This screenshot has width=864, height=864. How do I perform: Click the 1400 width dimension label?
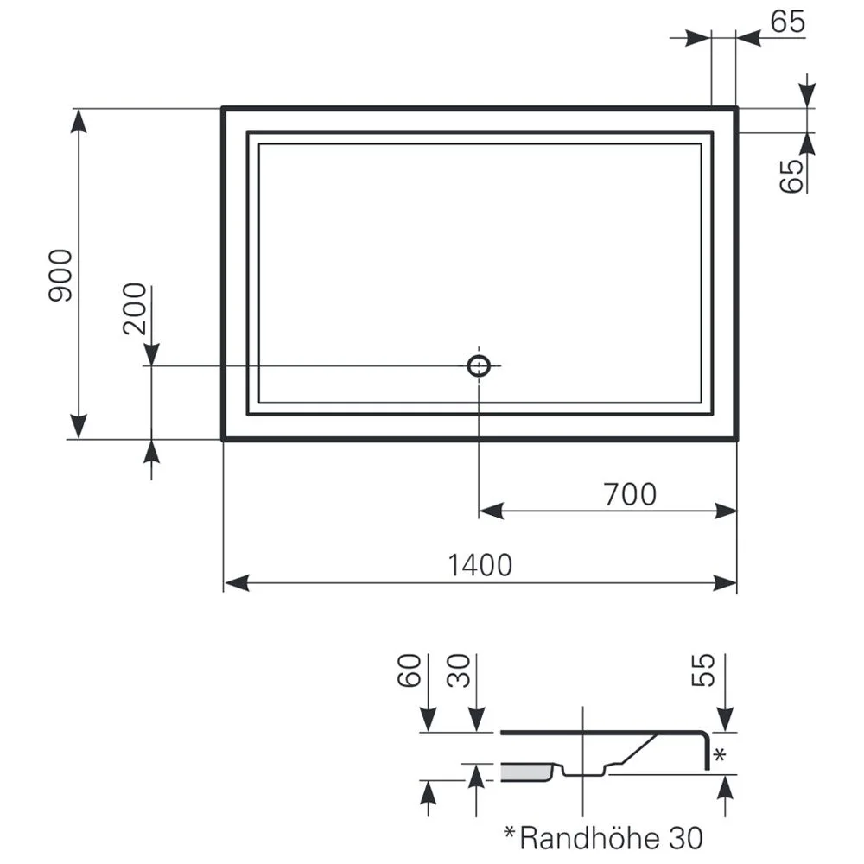pyautogui.click(x=480, y=565)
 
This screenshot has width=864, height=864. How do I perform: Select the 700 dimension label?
pyautogui.click(x=630, y=494)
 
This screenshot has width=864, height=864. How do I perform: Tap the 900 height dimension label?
pyautogui.click(x=60, y=276)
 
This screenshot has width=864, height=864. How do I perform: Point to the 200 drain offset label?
pyautogui.click(x=135, y=310)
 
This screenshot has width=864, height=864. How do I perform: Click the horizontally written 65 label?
pyautogui.click(x=787, y=22)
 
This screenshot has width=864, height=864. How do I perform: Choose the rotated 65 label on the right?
pyautogui.click(x=791, y=175)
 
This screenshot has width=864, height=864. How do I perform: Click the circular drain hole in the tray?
pyautogui.click(x=480, y=365)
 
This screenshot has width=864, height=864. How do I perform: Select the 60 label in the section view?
pyautogui.click(x=410, y=670)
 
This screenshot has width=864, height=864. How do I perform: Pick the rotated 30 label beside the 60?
pyautogui.click(x=460, y=670)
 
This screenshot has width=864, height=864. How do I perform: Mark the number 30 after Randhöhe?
pyautogui.click(x=684, y=836)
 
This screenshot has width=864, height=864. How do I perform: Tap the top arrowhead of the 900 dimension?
pyautogui.click(x=79, y=121)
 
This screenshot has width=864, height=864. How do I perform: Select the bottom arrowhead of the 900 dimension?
pyautogui.click(x=79, y=427)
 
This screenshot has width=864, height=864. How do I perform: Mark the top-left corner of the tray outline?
pyautogui.click(x=224, y=108)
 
